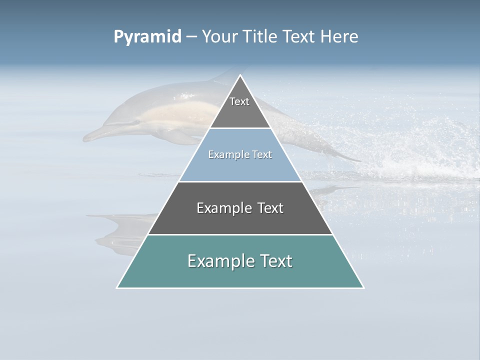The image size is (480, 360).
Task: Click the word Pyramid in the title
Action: [x=147, y=37]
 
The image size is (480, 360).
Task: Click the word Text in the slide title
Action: [x=299, y=37]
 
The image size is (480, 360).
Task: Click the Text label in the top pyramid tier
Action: [x=239, y=101]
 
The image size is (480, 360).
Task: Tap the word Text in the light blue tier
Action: [x=262, y=155]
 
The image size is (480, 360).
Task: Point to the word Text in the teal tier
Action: [x=277, y=261]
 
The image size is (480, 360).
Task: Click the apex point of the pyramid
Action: [x=240, y=75]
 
